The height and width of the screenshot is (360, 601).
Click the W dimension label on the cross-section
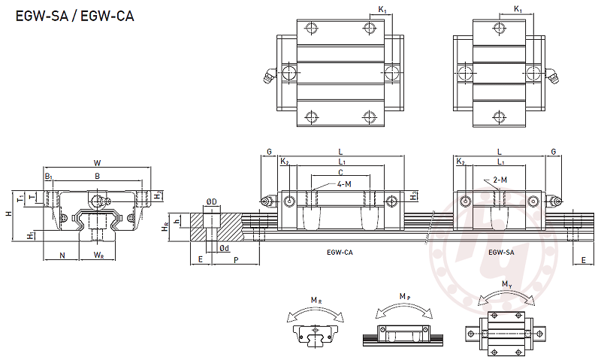tap(97, 163)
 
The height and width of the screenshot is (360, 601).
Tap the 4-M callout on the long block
tap(345, 184)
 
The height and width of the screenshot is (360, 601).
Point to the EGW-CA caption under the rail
tap(340, 253)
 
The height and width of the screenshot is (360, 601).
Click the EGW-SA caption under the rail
tap(501, 253)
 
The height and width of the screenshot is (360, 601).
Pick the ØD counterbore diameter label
tap(212, 202)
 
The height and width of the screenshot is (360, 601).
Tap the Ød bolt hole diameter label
tap(224, 248)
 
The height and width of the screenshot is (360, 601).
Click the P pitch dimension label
tap(237, 260)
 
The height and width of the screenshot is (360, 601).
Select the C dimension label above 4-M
tap(341, 173)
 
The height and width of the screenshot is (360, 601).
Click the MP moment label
tap(405, 297)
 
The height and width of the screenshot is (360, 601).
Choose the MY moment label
tap(507, 284)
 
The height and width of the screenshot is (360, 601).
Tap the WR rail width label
tap(98, 256)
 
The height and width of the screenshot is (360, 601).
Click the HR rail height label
tap(167, 226)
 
